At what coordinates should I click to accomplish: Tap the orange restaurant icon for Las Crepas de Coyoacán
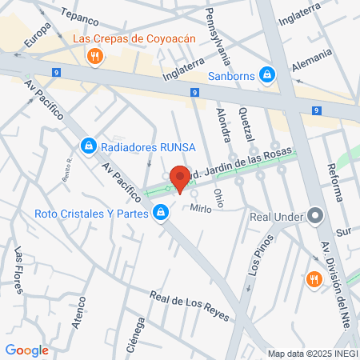click(95, 55)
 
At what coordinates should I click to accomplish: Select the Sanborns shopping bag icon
click(267, 76)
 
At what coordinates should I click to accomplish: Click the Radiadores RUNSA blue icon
click(88, 146)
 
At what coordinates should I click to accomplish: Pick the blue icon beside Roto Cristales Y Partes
click(161, 213)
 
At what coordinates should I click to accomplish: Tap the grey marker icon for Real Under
click(315, 214)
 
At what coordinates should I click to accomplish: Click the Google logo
click(26, 350)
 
